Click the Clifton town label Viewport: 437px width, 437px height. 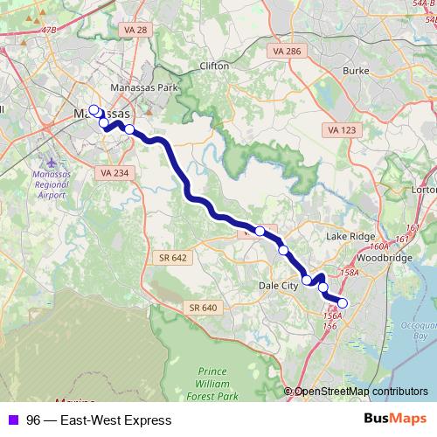[x=214, y=66]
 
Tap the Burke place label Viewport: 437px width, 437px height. [x=356, y=70]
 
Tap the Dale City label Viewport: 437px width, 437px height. [x=278, y=284]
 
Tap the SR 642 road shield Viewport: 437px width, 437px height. [x=173, y=257]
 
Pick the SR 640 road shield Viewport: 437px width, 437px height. [x=202, y=308]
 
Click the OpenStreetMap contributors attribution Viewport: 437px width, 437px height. [x=361, y=391]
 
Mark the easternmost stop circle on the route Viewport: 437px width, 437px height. [x=342, y=303]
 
